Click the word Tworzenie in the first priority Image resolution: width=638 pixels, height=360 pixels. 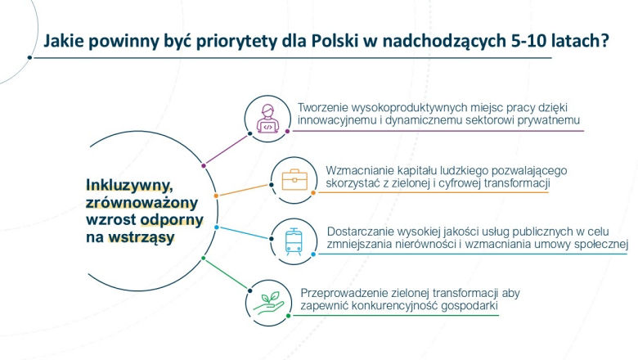pyautogui.click(x=326, y=108)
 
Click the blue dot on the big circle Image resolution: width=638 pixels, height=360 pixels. pyautogui.click(x=216, y=227)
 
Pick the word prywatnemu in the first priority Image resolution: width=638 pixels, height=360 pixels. pyautogui.click(x=546, y=121)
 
